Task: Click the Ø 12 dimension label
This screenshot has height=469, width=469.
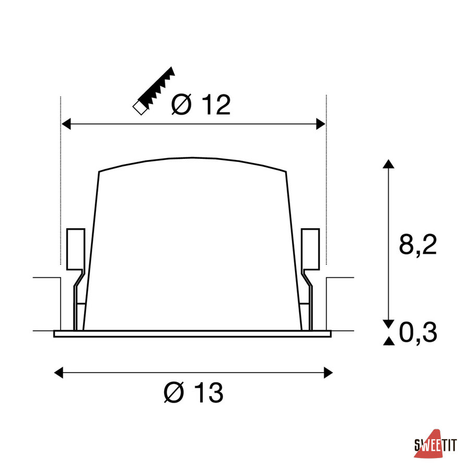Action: click(x=201, y=104)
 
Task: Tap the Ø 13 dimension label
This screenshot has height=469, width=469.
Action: click(x=193, y=392)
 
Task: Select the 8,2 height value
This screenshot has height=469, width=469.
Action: click(x=418, y=245)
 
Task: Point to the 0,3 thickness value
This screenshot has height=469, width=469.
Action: click(x=418, y=332)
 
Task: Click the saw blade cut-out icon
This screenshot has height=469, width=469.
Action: click(x=154, y=91)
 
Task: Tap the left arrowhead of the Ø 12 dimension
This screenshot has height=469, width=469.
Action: click(x=66, y=124)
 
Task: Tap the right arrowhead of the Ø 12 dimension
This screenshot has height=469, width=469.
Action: click(x=320, y=124)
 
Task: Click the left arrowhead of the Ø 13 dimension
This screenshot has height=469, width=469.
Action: click(x=58, y=373)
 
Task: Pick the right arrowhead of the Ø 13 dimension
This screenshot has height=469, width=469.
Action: click(x=328, y=373)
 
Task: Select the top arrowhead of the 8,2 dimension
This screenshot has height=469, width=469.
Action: click(x=389, y=164)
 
